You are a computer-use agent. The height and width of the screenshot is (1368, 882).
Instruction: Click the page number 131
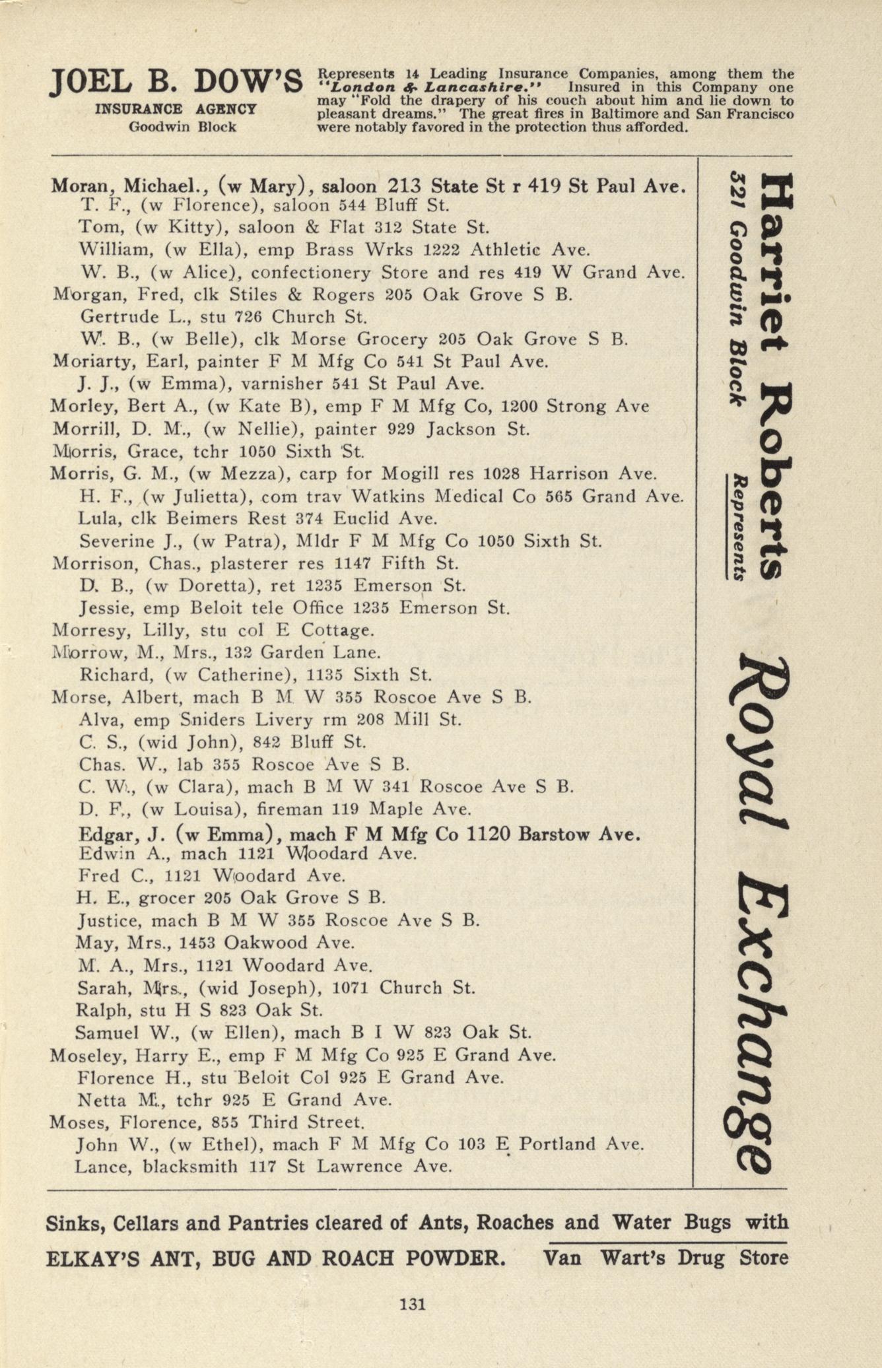(x=412, y=1303)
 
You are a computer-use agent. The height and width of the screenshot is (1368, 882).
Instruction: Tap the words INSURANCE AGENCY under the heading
(x=175, y=109)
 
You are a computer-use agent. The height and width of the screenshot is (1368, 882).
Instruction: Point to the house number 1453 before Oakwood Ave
(x=199, y=943)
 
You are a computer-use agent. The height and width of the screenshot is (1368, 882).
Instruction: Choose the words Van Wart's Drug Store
(x=665, y=1257)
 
